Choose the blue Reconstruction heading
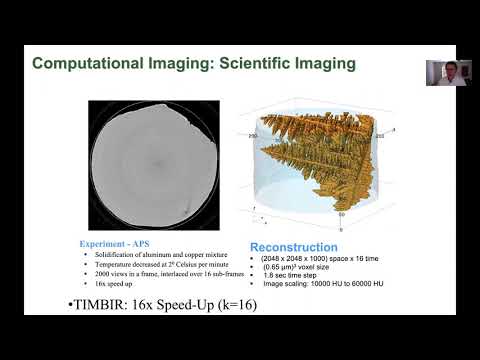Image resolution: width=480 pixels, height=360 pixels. (x=296, y=246)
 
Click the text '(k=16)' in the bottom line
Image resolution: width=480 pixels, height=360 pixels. (x=236, y=305)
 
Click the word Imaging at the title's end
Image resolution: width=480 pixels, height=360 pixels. (x=328, y=64)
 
